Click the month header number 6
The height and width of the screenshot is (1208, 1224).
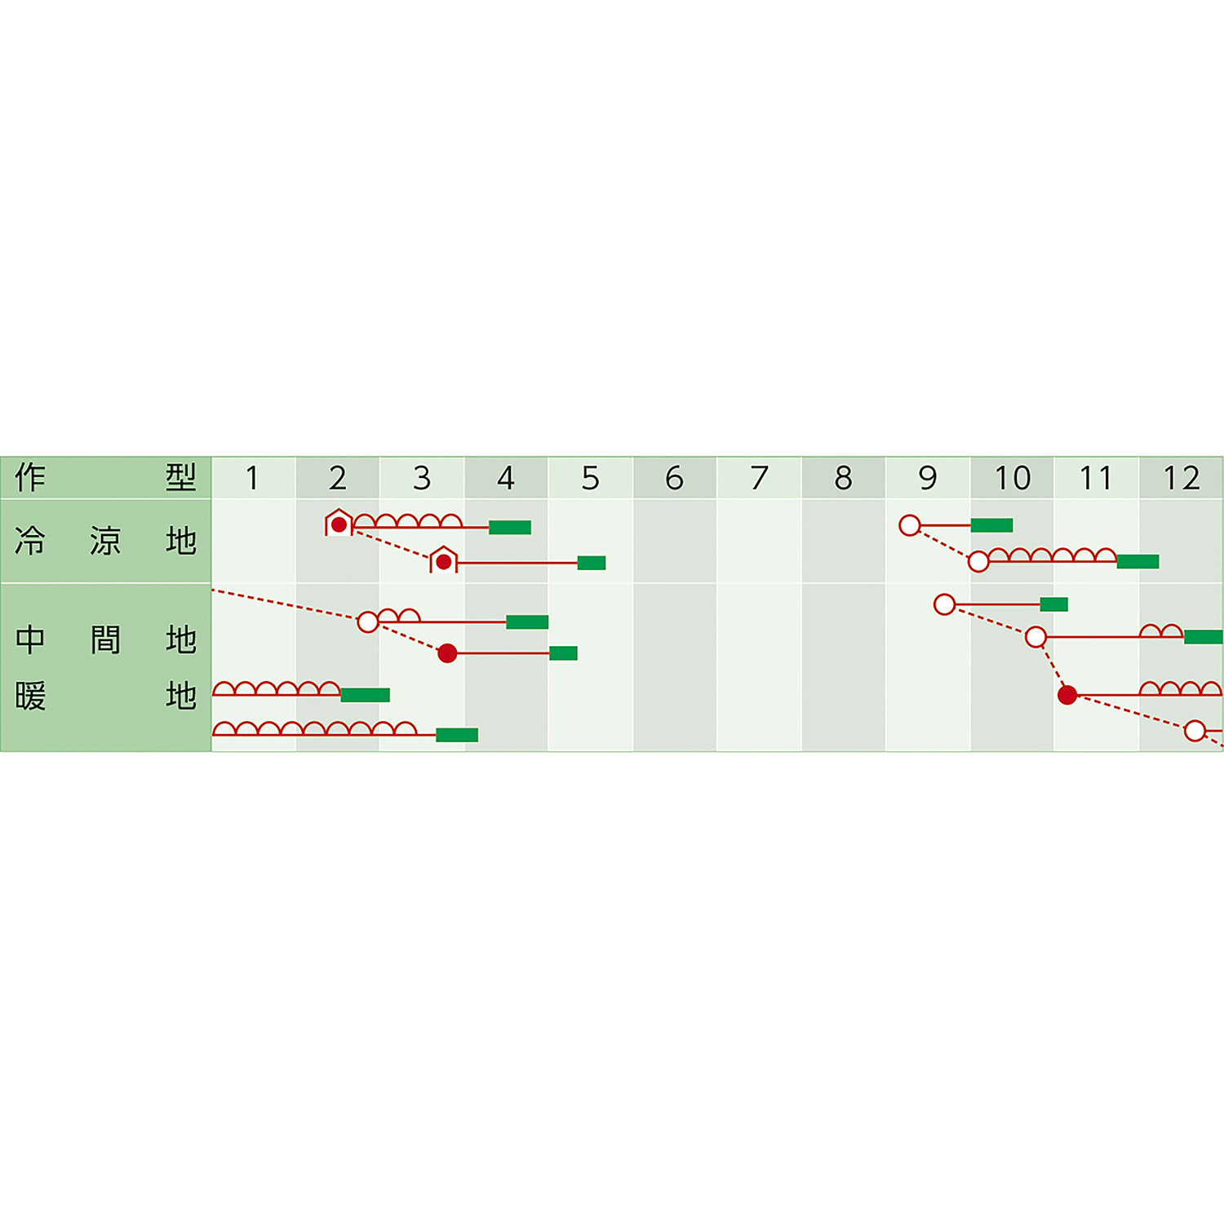(x=674, y=478)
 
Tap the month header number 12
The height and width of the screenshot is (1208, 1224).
(x=1181, y=478)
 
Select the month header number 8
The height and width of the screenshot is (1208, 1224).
(x=843, y=478)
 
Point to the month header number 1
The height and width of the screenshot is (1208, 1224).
(x=253, y=478)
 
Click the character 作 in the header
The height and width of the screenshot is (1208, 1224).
(x=30, y=477)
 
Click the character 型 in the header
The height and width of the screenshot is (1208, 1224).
(x=181, y=477)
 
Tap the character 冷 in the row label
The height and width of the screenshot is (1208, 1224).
(x=30, y=541)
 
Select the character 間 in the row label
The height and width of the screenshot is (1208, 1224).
(x=105, y=639)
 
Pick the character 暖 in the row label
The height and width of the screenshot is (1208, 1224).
(x=30, y=697)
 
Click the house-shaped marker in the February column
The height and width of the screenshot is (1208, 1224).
(x=339, y=523)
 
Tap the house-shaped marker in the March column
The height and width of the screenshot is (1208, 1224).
(x=443, y=560)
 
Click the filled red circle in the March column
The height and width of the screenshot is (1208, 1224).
(x=447, y=653)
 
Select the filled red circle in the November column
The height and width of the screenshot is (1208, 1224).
(x=1067, y=695)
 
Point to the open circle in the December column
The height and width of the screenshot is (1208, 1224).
(x=1195, y=731)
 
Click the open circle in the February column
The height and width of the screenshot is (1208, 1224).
(x=368, y=622)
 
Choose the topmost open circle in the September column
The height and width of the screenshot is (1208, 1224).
(x=910, y=525)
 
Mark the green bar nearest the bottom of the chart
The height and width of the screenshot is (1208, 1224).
(x=457, y=735)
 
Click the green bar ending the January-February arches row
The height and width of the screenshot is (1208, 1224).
(x=365, y=695)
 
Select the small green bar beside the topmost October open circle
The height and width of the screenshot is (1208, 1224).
(x=1054, y=604)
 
